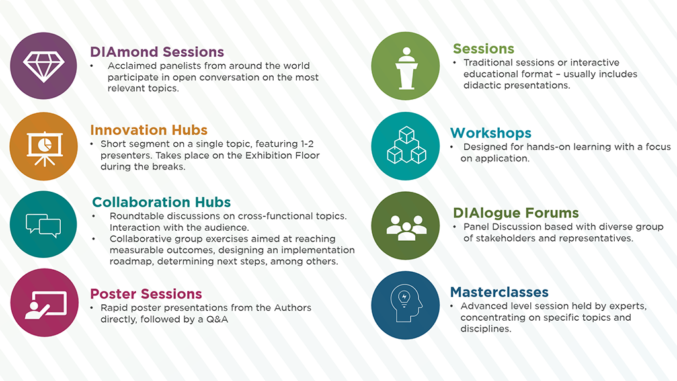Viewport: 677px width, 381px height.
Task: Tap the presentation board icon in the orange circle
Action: coord(44,148)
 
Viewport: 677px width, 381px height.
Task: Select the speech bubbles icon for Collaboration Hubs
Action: coord(43,225)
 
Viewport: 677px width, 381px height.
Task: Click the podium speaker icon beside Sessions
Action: coord(406,68)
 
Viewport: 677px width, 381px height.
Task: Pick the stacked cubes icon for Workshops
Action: coord(407,145)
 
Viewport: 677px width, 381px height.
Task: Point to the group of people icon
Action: coord(407,228)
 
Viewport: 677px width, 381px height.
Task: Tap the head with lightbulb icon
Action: coord(406,304)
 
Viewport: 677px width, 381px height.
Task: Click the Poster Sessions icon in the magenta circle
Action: coord(46,304)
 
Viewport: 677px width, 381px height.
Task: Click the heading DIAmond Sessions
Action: coord(157,52)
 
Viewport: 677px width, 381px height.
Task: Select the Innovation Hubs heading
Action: coord(149,130)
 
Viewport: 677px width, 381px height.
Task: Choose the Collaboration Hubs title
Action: coord(161,202)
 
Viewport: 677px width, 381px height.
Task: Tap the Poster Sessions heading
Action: coord(146,294)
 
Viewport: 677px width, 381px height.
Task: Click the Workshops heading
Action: coord(491,132)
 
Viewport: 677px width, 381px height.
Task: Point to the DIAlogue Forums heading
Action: coord(516,213)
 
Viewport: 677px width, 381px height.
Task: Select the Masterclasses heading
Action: coord(499,292)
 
